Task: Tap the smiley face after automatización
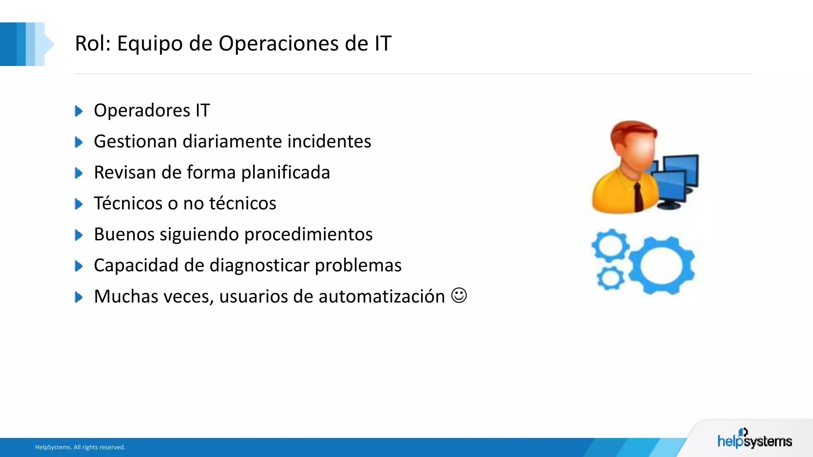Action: tap(459, 296)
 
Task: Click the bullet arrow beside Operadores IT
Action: tap(79, 111)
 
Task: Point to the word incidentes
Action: tap(329, 141)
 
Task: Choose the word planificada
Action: tap(285, 173)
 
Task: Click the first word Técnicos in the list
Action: tap(128, 203)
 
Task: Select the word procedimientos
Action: tap(308, 234)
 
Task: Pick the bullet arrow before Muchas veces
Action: tap(79, 297)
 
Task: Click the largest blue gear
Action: tap(661, 265)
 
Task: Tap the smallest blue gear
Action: tap(610, 278)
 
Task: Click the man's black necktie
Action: tap(638, 197)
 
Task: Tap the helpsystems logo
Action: tap(754, 440)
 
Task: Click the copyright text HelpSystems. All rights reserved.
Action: tap(80, 447)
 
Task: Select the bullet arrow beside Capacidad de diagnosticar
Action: tap(79, 266)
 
